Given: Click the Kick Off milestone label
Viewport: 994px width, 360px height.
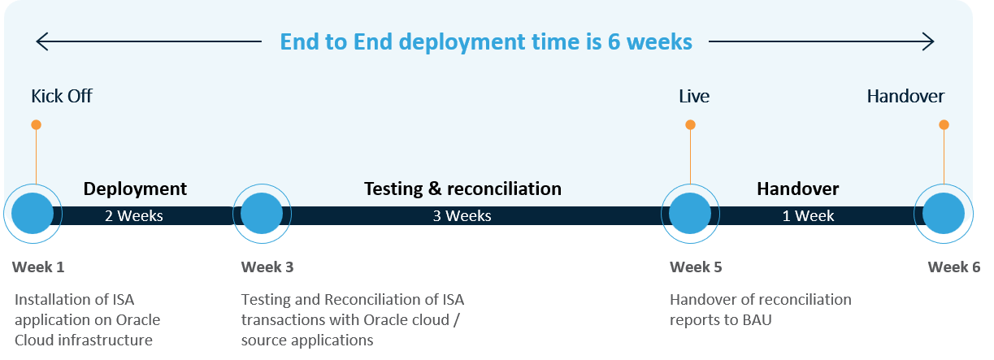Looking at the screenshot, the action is click(62, 97).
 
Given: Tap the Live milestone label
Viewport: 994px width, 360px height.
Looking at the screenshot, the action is click(694, 97).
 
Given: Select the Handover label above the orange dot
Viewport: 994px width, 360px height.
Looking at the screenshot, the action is click(905, 97).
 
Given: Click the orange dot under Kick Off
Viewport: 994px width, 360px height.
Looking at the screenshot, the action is click(37, 124).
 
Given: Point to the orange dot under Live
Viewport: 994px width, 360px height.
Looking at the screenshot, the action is click(691, 124).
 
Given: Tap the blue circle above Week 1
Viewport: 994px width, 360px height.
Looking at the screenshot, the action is click(33, 214).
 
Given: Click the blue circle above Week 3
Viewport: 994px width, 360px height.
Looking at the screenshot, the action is click(262, 214).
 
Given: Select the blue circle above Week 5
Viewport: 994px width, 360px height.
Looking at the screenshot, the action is click(690, 214).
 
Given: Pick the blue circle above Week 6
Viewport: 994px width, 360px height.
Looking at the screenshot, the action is click(944, 214).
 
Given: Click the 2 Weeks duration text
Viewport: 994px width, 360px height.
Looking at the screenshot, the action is click(134, 215).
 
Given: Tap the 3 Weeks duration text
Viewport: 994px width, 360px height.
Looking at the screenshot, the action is click(462, 215).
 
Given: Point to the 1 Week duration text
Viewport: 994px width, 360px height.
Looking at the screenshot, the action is click(808, 215).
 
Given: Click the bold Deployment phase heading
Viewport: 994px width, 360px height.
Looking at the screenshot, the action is click(135, 189).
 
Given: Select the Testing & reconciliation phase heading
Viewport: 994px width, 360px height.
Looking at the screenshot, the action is click(462, 189).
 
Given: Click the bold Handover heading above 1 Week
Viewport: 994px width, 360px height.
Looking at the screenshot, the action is click(798, 189).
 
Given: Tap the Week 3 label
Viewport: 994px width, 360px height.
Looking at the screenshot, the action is click(267, 267).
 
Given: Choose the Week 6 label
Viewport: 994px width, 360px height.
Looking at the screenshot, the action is click(954, 267).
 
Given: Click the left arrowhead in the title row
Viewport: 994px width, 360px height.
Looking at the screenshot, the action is click(41, 41).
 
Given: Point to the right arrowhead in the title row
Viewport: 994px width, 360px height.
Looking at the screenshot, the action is click(929, 41).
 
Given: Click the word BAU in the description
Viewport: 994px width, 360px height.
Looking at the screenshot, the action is click(757, 320).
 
